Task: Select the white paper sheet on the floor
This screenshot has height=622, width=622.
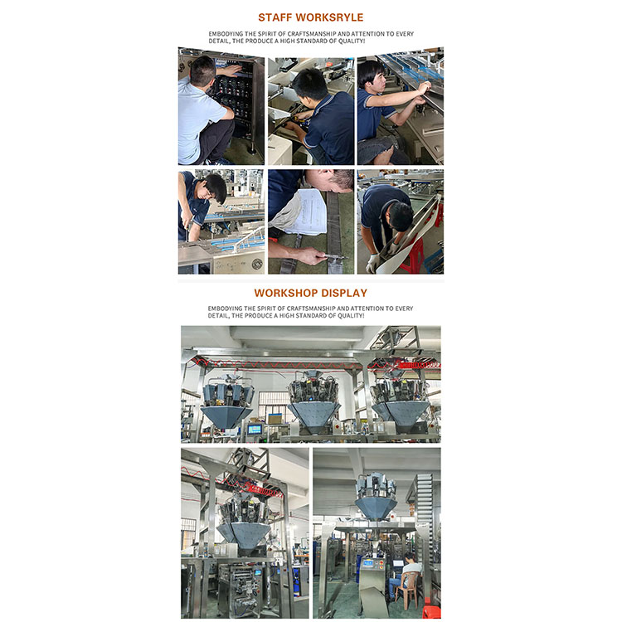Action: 300,211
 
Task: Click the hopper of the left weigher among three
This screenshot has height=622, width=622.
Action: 226,415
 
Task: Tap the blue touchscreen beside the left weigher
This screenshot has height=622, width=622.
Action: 255,429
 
